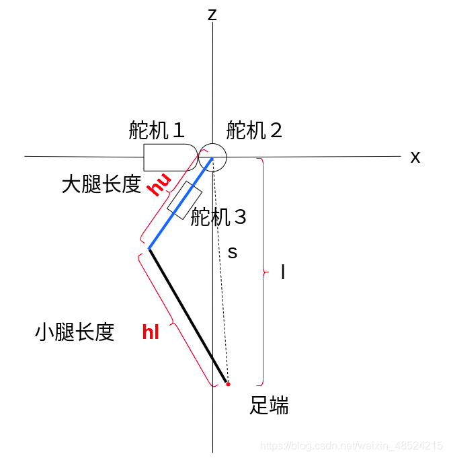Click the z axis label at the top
(212, 14)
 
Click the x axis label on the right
(415, 157)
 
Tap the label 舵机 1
(157, 130)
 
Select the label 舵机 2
(255, 130)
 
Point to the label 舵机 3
(219, 217)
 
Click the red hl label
(151, 332)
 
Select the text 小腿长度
(75, 332)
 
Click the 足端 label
(269, 406)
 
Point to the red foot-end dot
(228, 384)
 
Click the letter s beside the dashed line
(233, 253)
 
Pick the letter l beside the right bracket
(283, 272)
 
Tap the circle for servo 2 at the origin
(213, 157)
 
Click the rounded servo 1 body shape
(168, 157)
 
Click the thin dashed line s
(221, 282)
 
